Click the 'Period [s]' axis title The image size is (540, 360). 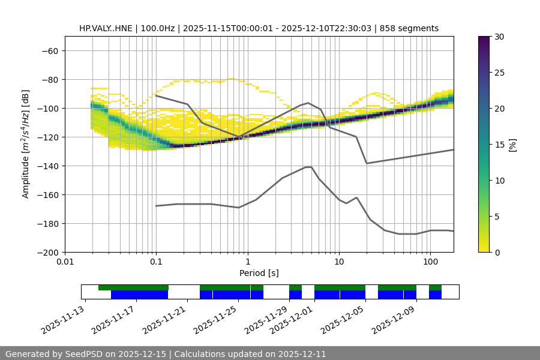[x=259, y=273]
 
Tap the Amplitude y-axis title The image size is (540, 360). [x=26, y=144]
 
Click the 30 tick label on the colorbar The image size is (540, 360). [x=499, y=37]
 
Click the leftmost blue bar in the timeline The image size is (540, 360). [x=139, y=295]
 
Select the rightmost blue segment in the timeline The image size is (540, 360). [x=435, y=295]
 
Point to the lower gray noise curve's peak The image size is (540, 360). [x=308, y=167]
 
